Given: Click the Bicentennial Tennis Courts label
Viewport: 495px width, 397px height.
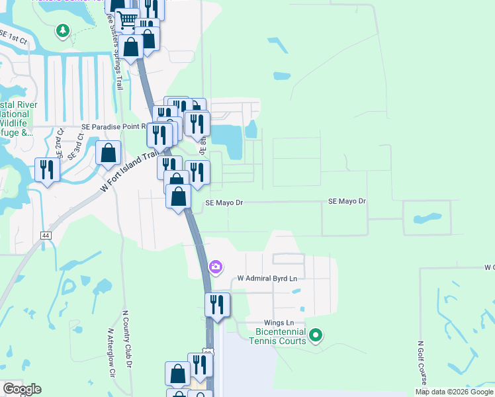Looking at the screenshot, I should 277,336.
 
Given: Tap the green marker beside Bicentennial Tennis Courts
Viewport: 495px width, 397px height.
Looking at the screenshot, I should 316,335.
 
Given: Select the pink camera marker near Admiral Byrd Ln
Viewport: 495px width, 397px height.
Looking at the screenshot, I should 215,267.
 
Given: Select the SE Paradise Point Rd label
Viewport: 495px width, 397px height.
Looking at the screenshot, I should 112,126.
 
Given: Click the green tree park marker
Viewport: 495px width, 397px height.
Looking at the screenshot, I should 63,30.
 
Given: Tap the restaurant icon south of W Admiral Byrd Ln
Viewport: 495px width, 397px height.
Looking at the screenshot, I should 217,305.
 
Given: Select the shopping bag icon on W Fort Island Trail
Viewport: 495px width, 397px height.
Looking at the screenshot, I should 108,154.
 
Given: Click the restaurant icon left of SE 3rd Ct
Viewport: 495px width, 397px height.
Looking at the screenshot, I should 47,170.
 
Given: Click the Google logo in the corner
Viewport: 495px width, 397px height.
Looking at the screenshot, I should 22,389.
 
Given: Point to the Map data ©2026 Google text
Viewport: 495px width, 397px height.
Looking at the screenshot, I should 454,392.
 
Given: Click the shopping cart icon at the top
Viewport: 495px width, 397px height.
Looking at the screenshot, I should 128,20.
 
